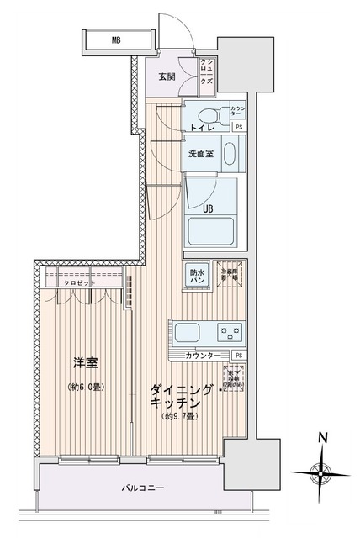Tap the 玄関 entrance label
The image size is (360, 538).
pyautogui.click(x=167, y=77)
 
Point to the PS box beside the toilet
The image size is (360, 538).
pyautogui.click(x=240, y=127)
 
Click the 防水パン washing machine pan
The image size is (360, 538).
pyautogui.click(x=196, y=276)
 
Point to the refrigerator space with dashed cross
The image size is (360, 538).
pyautogui.click(x=228, y=274)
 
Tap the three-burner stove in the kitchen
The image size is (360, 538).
pyautogui.click(x=229, y=331)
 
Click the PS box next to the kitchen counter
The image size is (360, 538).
pyautogui.click(x=240, y=356)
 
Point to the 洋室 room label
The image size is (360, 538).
pyautogui.click(x=86, y=364)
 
